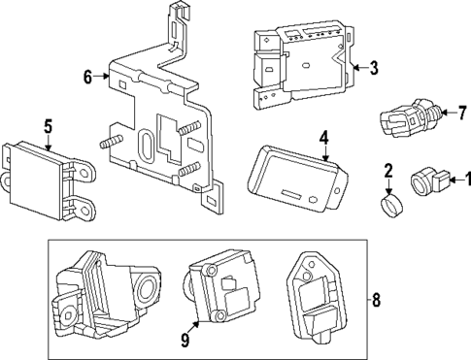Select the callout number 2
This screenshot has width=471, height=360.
(387, 171)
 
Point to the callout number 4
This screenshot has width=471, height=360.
(324, 138)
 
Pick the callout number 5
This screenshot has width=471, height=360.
(46, 125)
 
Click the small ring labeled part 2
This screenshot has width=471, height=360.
(388, 204)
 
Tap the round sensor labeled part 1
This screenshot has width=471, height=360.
(424, 180)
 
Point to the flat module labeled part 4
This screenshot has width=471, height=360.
(296, 176)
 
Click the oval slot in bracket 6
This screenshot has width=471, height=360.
(145, 149)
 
